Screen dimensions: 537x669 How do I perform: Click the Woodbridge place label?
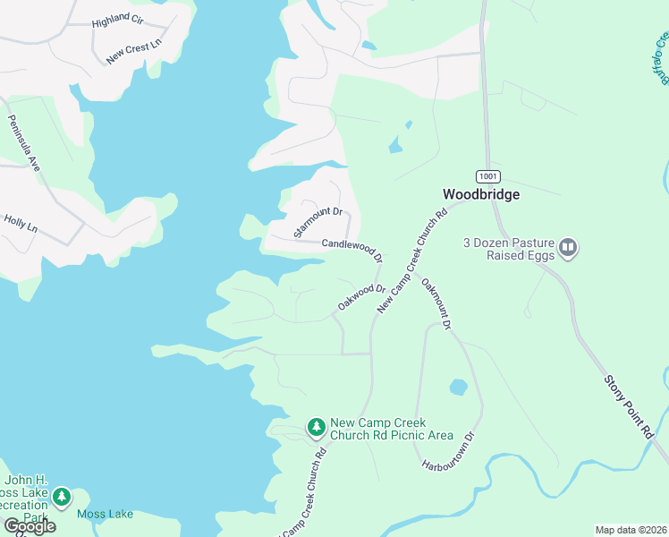tap(481, 194)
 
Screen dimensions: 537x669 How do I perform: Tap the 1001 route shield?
tap(487, 176)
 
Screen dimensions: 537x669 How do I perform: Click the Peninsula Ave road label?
tap(25, 144)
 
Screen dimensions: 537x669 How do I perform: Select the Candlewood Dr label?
tap(352, 248)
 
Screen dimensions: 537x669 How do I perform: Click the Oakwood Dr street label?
tap(361, 297)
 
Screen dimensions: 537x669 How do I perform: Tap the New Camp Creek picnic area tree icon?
tap(316, 428)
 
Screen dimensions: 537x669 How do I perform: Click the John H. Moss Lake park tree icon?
tap(61, 496)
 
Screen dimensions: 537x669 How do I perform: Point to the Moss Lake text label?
tap(105, 514)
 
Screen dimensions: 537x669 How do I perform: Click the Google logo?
tap(29, 525)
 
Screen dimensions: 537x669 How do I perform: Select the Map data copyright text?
tap(631, 530)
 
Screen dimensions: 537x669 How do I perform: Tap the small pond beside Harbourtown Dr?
tap(458, 388)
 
